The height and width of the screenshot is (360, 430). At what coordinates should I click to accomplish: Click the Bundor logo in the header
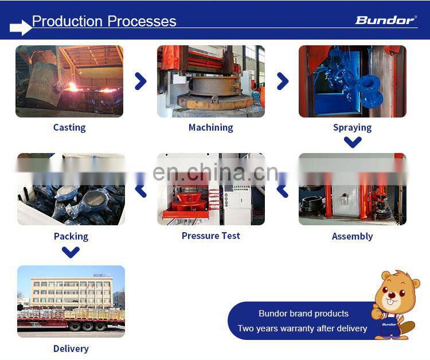[x=385, y=21]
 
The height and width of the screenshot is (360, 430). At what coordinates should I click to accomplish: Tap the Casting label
[x=69, y=127]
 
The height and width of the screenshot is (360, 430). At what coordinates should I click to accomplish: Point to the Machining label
[x=210, y=127]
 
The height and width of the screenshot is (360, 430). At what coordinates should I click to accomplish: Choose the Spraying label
[x=352, y=127]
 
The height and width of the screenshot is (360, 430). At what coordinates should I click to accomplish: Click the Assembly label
[x=352, y=236]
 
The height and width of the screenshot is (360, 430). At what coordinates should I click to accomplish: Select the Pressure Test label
[x=210, y=236]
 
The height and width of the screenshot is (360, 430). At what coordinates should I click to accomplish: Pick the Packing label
[x=71, y=236]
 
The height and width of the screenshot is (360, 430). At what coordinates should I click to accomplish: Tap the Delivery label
[x=71, y=349]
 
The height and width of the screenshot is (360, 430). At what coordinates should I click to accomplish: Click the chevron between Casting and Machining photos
[x=140, y=81]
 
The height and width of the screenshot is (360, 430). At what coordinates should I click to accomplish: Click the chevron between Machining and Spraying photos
[x=282, y=81]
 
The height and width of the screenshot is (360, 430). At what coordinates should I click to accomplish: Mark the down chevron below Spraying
[x=353, y=142]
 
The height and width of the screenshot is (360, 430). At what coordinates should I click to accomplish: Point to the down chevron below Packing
[x=71, y=252]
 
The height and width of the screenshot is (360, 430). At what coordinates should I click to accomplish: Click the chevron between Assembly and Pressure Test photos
[x=282, y=190]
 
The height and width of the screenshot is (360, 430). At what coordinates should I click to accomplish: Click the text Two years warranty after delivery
[x=302, y=328]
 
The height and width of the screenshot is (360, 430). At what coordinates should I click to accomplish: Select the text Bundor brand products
[x=303, y=314]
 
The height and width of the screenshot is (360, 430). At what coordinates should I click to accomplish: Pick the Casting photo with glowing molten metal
[x=69, y=81]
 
